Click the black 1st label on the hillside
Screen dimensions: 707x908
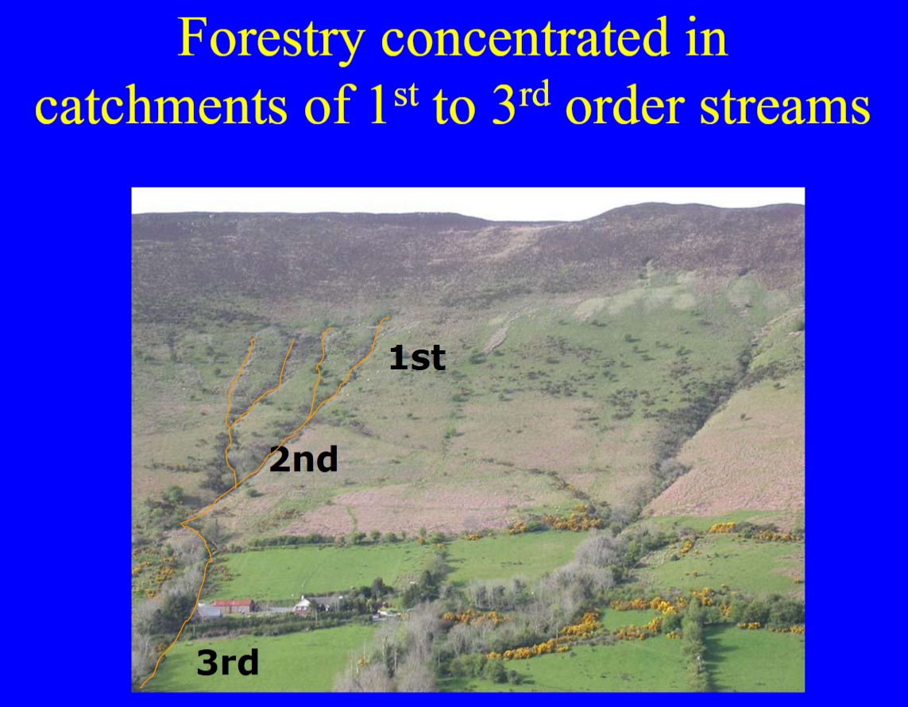point(417,358)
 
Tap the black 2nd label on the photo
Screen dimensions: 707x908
point(303,459)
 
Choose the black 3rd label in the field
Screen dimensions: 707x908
point(227,663)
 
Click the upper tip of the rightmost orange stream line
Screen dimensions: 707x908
point(388,319)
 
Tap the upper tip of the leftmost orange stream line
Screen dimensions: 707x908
point(253,340)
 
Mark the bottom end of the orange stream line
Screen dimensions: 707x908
point(142,686)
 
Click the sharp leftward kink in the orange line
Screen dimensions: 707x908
point(183,524)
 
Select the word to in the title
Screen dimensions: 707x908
point(454,106)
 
